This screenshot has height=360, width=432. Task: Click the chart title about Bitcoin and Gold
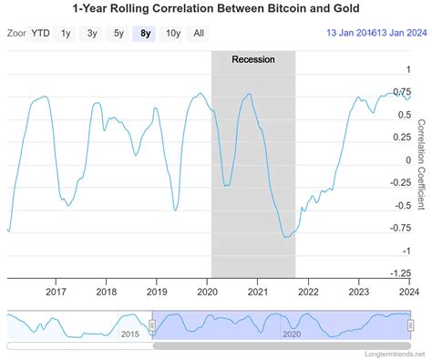(x=215, y=9)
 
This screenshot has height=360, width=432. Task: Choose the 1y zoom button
(x=67, y=34)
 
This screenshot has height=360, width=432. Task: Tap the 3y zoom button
(x=93, y=34)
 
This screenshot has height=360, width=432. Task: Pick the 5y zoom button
(x=119, y=34)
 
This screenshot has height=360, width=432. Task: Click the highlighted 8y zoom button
(x=146, y=34)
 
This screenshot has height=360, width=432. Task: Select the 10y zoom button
(x=173, y=34)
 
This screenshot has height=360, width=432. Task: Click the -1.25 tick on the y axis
(x=399, y=273)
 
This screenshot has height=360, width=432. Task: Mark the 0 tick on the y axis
(x=408, y=159)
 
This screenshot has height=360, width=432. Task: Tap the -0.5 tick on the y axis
(x=401, y=205)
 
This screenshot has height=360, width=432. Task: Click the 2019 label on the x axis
(x=158, y=293)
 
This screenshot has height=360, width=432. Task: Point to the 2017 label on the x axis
(x=57, y=293)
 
